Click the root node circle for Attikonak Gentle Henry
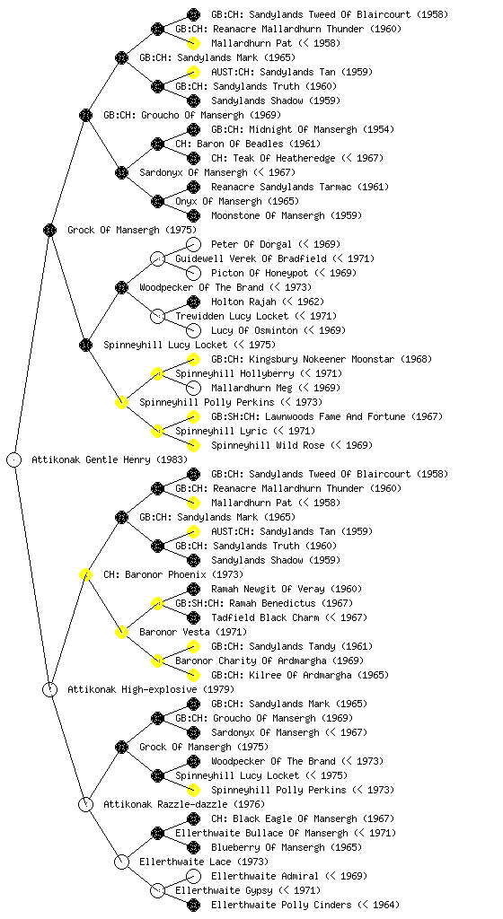(14, 459)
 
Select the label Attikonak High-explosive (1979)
(151, 689)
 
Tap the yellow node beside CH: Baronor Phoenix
(85, 574)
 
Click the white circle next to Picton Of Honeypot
(193, 273)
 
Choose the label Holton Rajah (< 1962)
(268, 302)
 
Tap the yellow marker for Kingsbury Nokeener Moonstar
(193, 359)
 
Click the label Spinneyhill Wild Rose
(268, 445)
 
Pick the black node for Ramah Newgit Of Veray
(193, 589)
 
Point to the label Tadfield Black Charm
(265, 617)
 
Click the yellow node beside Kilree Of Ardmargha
(193, 675)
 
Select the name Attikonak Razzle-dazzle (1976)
(184, 804)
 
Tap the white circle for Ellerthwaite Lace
(121, 862)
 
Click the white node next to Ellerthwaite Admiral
(193, 876)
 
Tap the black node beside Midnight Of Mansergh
(193, 129)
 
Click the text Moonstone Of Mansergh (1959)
(287, 215)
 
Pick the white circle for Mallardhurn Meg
(193, 388)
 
